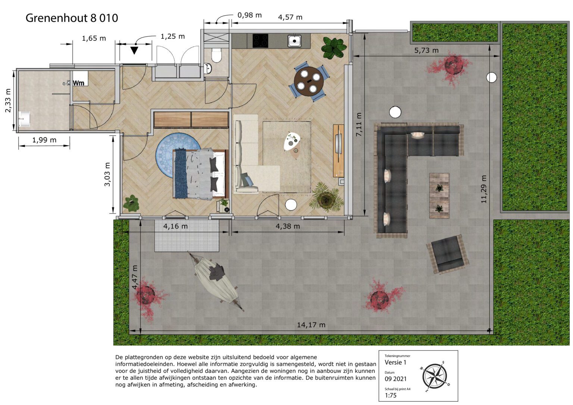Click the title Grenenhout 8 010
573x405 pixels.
coord(72,18)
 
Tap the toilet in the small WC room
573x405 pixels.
coord(216,55)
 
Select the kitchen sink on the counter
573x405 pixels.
coord(294,41)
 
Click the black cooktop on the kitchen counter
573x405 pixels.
coord(260,41)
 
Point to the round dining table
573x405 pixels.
coord(309,81)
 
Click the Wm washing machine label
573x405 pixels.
coord(79,83)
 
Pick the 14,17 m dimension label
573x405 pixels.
coord(311,325)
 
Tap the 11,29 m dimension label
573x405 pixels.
coord(483,189)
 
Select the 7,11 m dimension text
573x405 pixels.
coord(359,125)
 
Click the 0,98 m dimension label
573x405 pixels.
coord(250,15)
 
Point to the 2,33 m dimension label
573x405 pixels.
coord(8,100)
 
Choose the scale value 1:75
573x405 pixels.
coord(391,395)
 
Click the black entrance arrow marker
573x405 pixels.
coord(134,50)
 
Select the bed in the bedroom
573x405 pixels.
coord(200,174)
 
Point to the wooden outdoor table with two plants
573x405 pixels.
coord(439,195)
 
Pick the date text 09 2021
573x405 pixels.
coord(395,379)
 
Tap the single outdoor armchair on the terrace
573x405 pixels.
coord(448,254)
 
